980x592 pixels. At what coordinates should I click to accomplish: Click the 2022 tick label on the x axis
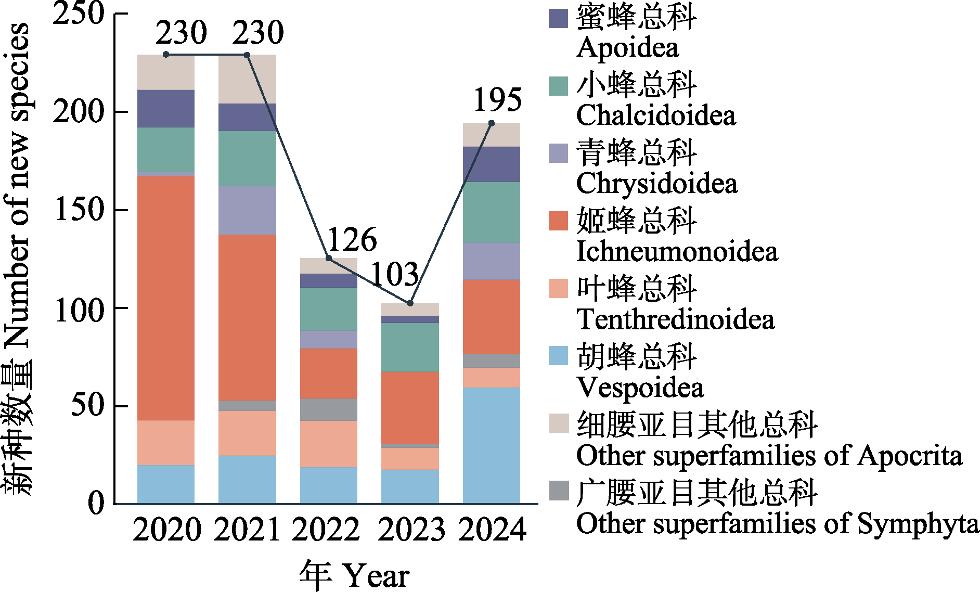point(326,530)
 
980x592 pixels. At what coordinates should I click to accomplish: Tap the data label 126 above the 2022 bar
point(352,240)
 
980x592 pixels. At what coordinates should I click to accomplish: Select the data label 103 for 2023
point(395,274)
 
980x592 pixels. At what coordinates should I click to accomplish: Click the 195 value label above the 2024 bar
point(497,99)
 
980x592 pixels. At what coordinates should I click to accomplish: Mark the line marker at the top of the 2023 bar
point(410,303)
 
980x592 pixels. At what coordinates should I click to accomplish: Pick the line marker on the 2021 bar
point(247,55)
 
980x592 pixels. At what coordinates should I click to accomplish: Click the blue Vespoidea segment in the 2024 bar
point(492,445)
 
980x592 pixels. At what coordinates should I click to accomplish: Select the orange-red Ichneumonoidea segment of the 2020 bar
point(166,298)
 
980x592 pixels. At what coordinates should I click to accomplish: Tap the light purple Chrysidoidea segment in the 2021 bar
point(247,210)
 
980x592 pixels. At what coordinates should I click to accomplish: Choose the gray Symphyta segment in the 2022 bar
point(329,409)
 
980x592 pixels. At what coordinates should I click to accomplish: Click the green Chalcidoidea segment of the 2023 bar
point(410,347)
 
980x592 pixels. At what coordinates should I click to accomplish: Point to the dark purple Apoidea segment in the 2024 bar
point(492,164)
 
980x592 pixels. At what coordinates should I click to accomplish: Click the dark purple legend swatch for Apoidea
point(558,18)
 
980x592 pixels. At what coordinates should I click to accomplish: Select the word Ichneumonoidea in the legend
point(677,251)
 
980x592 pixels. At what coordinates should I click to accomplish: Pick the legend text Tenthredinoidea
point(675,319)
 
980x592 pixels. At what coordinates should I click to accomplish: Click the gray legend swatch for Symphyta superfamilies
point(558,491)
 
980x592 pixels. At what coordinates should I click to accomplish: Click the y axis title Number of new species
point(18,185)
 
